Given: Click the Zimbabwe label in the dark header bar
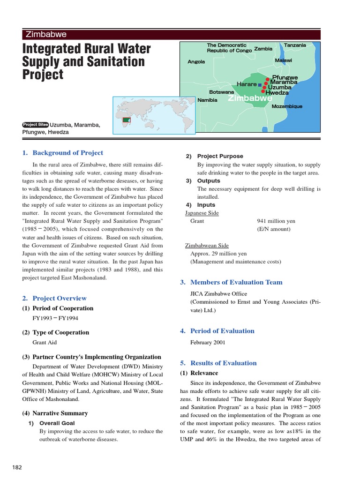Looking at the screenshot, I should [x=46, y=34].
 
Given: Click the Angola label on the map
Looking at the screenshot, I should [x=196, y=62].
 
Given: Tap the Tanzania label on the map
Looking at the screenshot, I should [x=295, y=45].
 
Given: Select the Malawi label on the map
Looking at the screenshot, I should [x=283, y=61].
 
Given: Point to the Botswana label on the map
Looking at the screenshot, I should [x=222, y=92].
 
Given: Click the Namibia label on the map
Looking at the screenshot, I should [x=207, y=100].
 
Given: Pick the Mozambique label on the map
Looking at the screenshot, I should [x=287, y=106].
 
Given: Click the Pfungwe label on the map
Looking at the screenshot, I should [x=285, y=77].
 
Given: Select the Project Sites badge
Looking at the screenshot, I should [x=35, y=125].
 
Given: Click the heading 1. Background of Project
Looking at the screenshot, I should [x=63, y=153].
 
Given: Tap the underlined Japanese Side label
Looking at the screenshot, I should [x=202, y=213].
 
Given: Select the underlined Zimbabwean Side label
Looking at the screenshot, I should [x=207, y=245].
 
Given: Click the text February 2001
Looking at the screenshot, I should [x=208, y=342].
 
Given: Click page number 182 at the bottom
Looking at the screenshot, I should [x=17, y=467].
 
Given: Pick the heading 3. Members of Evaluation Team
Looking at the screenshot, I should [x=231, y=282].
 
